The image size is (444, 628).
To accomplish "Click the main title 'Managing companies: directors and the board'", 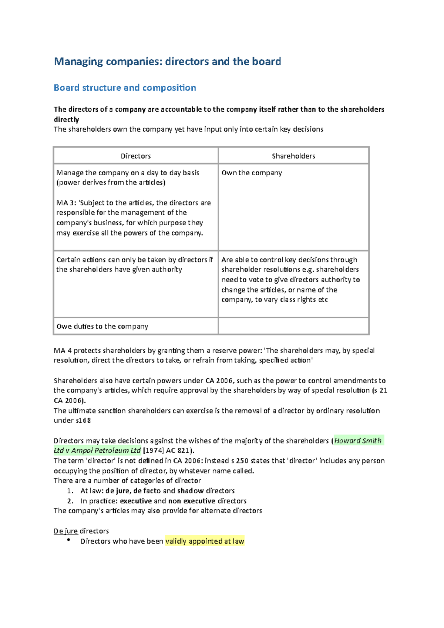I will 167,61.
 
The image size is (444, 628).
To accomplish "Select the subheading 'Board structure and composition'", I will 125,88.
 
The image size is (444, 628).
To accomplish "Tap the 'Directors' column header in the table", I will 136,156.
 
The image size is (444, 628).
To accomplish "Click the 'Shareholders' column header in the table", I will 293,156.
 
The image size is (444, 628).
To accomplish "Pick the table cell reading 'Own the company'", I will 252,173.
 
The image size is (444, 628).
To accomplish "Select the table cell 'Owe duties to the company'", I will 102,326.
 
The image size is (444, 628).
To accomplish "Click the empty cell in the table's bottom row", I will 293,326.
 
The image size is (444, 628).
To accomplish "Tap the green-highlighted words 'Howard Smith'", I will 358,440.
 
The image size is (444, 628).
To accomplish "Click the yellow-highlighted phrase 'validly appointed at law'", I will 205,541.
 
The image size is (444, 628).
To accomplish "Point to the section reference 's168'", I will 83,421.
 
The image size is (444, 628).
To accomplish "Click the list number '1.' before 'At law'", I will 70,491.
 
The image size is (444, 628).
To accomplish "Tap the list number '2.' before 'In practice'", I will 70,501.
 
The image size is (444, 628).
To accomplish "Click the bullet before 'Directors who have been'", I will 68,540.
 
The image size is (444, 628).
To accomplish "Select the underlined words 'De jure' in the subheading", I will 65,531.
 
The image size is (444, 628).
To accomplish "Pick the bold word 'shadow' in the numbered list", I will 191,491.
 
